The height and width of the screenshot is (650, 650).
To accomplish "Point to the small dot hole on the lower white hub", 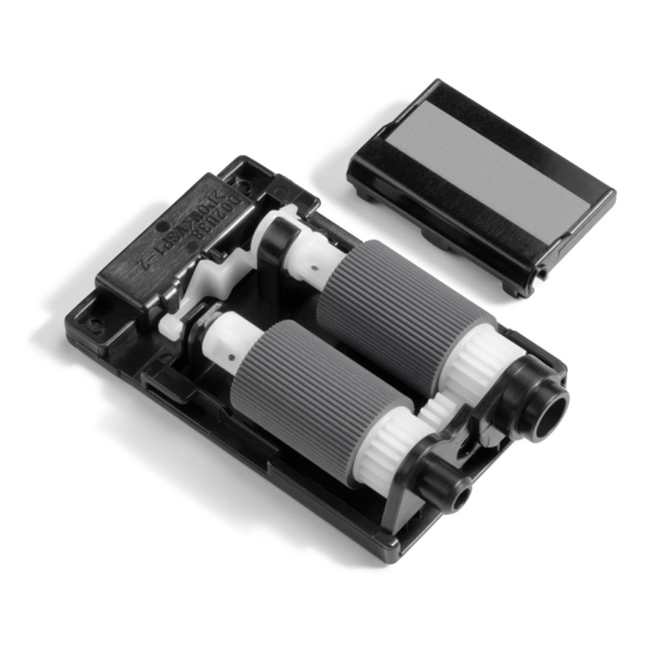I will (x=231, y=357).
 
